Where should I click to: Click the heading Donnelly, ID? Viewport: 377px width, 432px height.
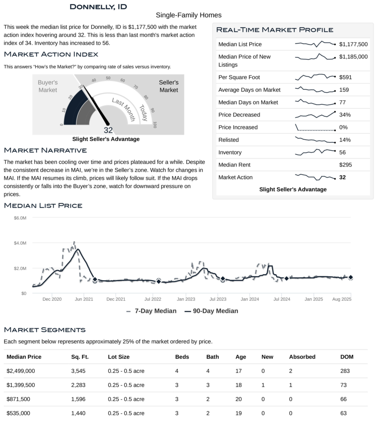pos(98,7)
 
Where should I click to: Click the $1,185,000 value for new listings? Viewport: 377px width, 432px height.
pos(353,57)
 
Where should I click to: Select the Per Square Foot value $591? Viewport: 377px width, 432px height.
pos(346,77)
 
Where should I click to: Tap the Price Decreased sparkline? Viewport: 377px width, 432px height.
pos(315,115)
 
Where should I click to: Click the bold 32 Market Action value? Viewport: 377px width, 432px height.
pos(342,177)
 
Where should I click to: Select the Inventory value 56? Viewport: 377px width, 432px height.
pos(343,152)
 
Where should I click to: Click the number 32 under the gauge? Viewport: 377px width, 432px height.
pos(108,130)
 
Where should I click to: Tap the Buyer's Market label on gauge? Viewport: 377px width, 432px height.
pos(48,86)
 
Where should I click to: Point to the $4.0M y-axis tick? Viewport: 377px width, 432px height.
pos(20,243)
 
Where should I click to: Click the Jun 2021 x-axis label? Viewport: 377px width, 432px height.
pos(84,299)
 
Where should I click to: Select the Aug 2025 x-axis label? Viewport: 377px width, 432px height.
pos(341,299)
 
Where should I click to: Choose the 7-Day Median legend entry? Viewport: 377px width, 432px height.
pos(151,311)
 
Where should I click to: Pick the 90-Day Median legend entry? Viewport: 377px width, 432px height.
pos(211,311)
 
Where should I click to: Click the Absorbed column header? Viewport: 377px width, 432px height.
pos(302,357)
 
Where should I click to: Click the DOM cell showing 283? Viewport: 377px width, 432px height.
pos(345,371)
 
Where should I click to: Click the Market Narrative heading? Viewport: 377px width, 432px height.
pos(45,150)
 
